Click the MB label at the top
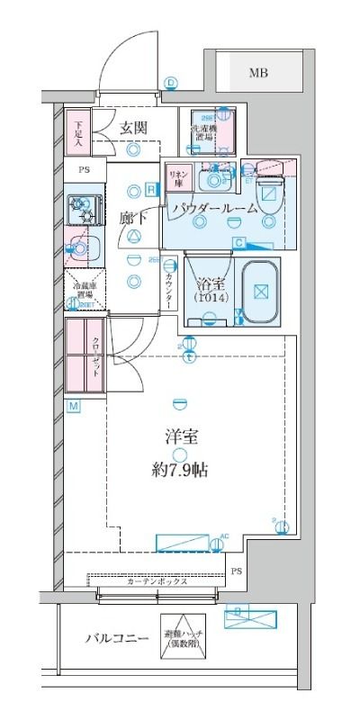coord(258,73)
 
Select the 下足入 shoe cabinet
coord(79,132)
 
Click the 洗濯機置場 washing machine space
coord(205,133)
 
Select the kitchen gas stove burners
coord(82,211)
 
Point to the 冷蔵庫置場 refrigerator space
coord(85,290)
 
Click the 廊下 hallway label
coord(132,217)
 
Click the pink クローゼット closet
coord(85,355)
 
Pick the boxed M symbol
coord(73,408)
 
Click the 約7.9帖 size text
coord(181,469)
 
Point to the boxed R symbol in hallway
coord(149,189)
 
